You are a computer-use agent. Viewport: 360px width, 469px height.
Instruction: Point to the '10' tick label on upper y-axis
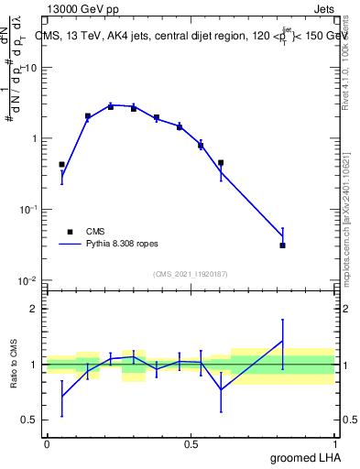tap(31, 68)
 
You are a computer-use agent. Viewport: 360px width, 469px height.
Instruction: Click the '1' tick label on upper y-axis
tap(35, 139)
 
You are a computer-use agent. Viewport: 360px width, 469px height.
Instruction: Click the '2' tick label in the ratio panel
tap(35, 310)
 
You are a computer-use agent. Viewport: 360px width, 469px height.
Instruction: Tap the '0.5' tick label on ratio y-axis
tap(30, 420)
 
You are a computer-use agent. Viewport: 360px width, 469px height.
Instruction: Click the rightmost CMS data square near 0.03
tap(283, 245)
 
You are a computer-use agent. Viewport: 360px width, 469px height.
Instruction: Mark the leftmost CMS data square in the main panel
tap(61, 165)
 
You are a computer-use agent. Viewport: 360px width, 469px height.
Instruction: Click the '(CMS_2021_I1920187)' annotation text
tap(190, 274)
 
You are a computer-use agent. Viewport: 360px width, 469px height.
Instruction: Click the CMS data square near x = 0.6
tap(221, 163)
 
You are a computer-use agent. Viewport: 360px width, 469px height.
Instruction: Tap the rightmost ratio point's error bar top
tap(283, 320)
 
